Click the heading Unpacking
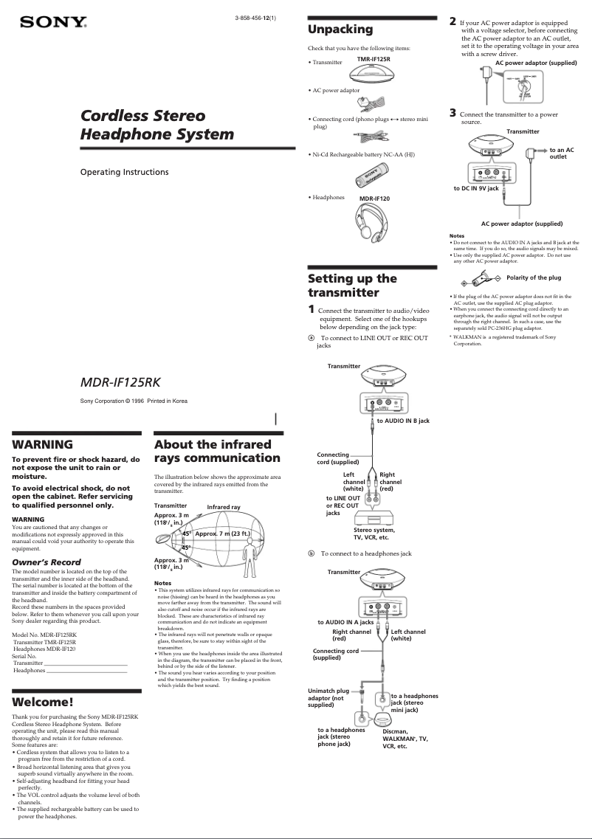tap(340, 30)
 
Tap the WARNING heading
tap(43, 444)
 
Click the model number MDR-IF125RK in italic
tap(120, 382)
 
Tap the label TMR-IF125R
tap(374, 59)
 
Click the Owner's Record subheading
tap(47, 562)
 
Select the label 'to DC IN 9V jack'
tap(476, 189)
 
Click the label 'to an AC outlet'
tap(561, 153)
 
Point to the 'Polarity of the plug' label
tap(534, 277)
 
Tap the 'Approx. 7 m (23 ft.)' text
tap(223, 533)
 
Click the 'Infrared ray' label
tap(224, 507)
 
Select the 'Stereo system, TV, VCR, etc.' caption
tap(374, 534)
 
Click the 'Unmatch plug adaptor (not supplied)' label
tap(328, 698)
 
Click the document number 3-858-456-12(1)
tap(255, 18)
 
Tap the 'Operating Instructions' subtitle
tap(124, 172)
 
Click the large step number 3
tap(453, 112)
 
